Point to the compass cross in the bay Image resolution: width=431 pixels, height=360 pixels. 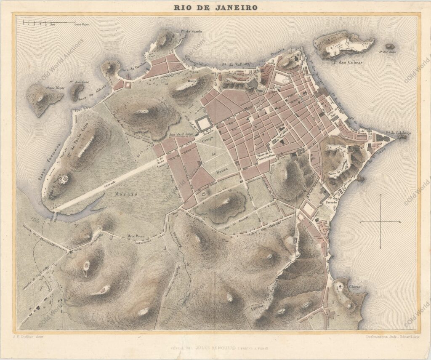pyautogui.click(x=380, y=221)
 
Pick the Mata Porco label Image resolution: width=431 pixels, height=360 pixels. pyautogui.click(x=136, y=237)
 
